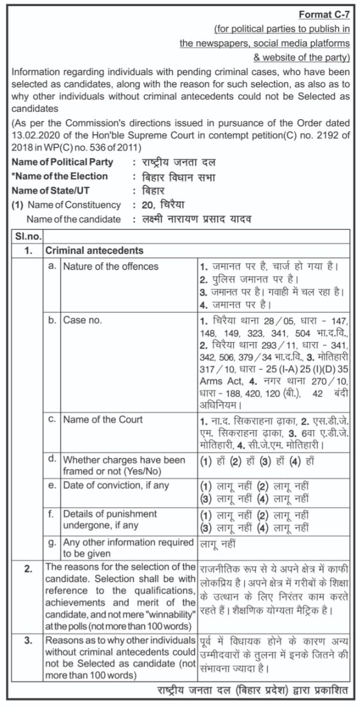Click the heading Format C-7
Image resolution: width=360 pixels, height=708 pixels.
pos(324,15)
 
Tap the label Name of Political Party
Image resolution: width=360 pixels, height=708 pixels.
pos(62,162)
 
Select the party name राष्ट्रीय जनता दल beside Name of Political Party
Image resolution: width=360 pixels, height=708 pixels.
pos(178,162)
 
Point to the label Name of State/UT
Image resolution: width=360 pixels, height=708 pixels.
pos(52,190)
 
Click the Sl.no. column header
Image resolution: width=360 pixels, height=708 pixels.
pos(27,236)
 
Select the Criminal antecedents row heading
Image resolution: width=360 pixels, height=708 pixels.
pos(94,250)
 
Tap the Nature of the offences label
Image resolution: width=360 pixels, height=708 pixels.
pos(111,266)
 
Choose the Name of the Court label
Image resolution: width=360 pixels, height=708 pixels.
pos(103,420)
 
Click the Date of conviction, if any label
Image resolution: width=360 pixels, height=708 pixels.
pos(116,485)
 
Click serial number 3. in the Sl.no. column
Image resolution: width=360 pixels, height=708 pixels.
pos(27,640)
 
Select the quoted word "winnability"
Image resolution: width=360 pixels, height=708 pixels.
pos(167,614)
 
